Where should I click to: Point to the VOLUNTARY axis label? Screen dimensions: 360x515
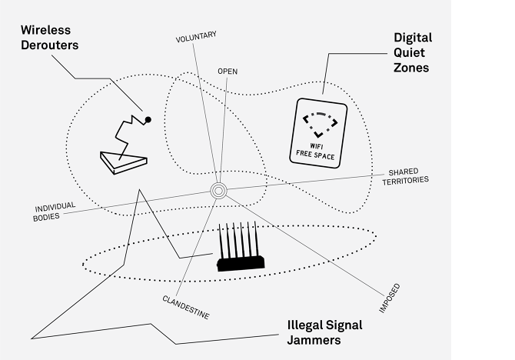(x=195, y=36)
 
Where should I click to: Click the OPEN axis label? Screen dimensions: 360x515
(x=228, y=71)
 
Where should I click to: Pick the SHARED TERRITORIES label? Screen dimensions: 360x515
(x=407, y=175)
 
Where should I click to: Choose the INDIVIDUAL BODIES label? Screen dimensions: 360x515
(x=56, y=212)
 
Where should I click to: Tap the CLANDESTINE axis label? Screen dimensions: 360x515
(x=185, y=306)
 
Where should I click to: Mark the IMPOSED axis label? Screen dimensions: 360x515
(x=389, y=300)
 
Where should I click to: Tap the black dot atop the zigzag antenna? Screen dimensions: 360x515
(x=148, y=119)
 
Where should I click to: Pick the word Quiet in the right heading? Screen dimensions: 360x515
(x=411, y=52)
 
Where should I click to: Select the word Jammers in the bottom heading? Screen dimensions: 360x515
(x=311, y=339)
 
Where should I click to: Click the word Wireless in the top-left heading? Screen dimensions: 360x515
(x=46, y=29)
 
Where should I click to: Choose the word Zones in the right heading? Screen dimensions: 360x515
(x=411, y=67)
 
